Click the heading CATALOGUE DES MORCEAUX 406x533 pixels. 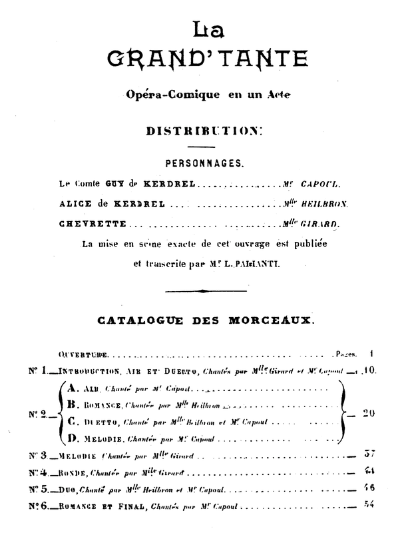coord(204,320)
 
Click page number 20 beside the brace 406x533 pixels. coord(370,413)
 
